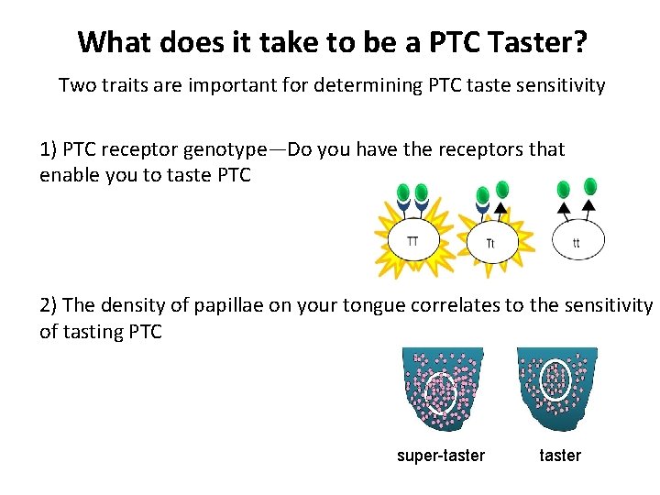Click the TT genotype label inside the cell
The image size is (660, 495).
point(412,241)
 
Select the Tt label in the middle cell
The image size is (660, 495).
point(490,244)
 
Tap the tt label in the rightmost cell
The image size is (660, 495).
point(576,243)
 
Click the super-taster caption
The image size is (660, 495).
point(441,456)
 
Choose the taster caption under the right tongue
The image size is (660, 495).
point(560,456)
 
